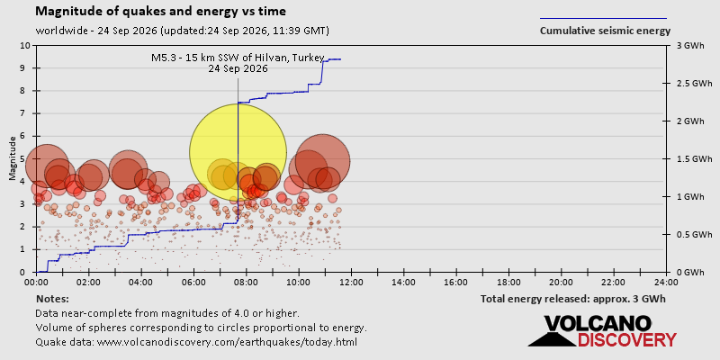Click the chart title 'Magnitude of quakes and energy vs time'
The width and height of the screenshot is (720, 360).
point(161,12)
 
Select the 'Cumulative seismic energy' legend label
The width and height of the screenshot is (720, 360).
point(605,31)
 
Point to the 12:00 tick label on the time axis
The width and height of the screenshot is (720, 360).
point(351,282)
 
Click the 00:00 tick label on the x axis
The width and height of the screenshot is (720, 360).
point(36,282)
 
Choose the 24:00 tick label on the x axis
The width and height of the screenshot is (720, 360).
point(666,282)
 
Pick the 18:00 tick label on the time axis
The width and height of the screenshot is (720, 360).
point(508,282)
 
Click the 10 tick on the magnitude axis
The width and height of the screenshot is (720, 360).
point(25,46)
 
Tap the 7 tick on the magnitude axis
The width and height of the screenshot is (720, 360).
point(27,113)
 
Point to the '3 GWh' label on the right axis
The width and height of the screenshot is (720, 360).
point(687,46)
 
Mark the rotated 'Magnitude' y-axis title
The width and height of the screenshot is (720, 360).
point(12,159)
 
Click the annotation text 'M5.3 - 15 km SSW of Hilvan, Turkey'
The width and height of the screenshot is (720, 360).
point(238,58)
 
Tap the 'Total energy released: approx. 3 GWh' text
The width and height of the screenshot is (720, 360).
point(573,299)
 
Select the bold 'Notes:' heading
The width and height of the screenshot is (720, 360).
point(52,299)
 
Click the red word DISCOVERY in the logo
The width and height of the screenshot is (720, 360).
point(626,340)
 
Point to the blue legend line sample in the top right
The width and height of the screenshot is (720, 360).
point(603,19)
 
